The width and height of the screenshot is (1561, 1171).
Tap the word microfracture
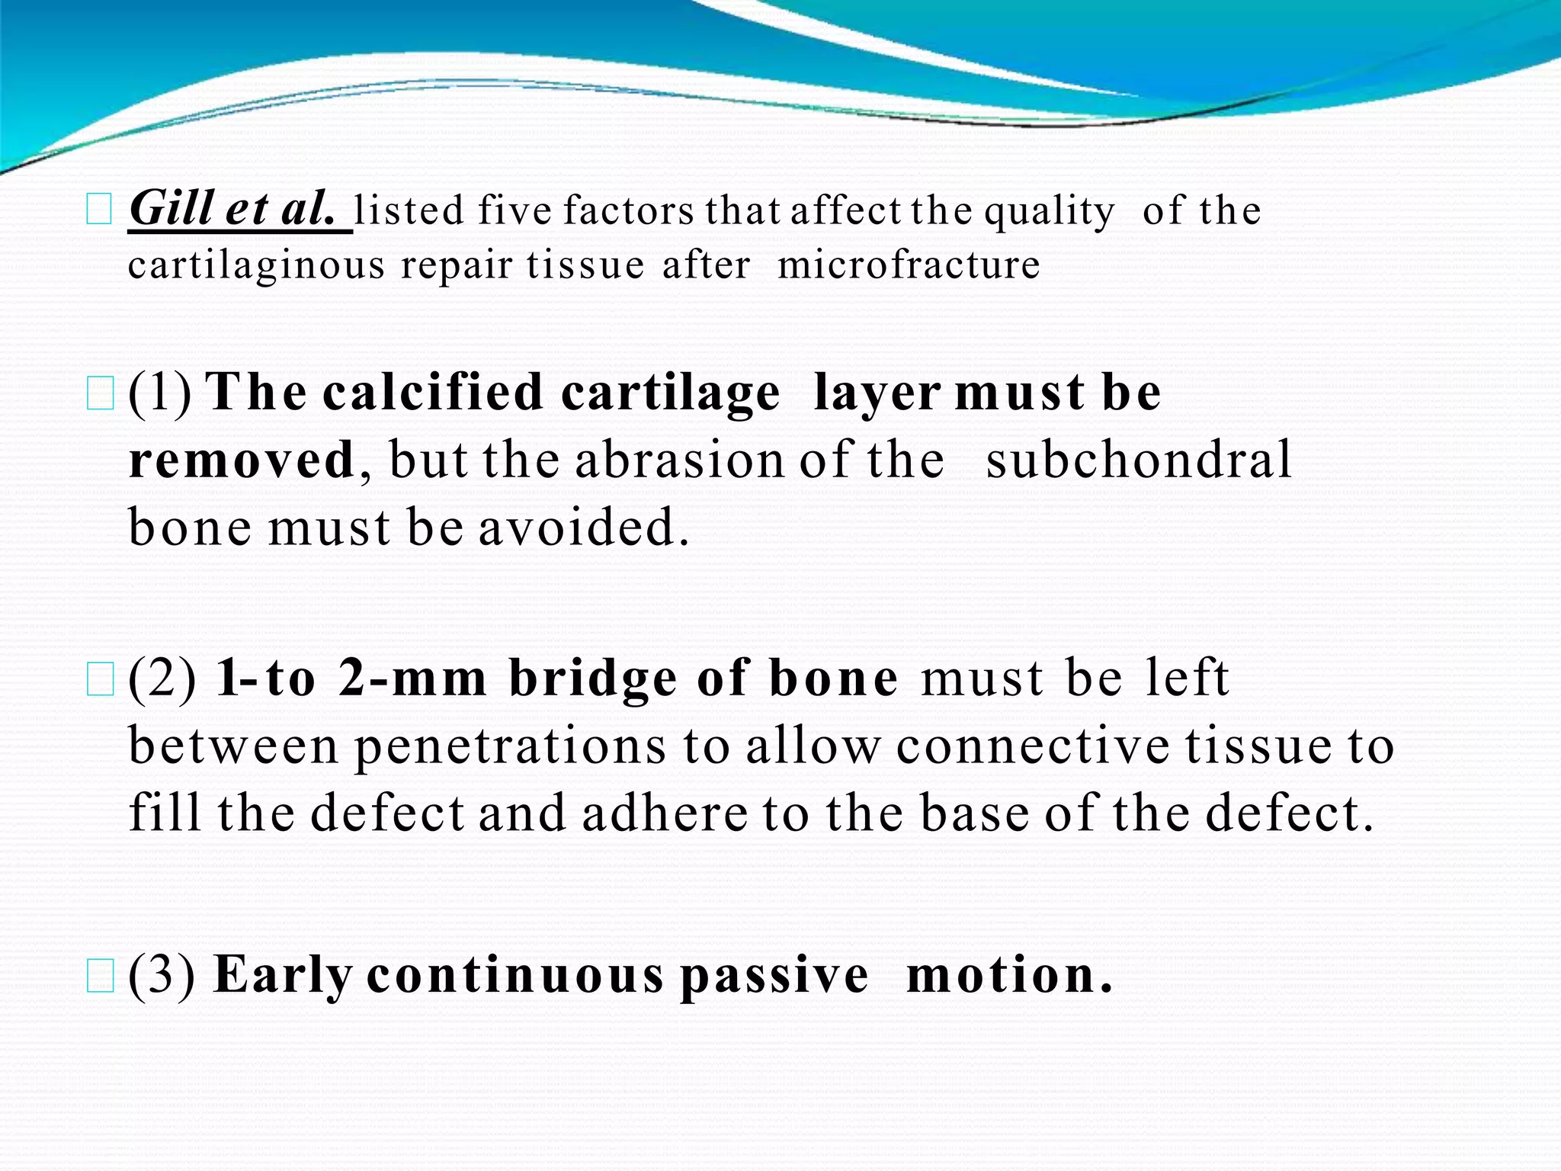click(909, 265)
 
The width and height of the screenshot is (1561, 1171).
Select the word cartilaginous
click(257, 267)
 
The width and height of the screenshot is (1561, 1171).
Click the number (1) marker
click(159, 393)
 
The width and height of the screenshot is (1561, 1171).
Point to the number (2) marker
click(162, 678)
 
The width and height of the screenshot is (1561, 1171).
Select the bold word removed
click(242, 460)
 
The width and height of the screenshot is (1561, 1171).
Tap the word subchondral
click(1139, 460)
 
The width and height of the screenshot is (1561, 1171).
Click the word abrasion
click(678, 460)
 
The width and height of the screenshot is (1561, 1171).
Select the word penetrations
click(510, 746)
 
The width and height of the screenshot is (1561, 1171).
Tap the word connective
click(1032, 746)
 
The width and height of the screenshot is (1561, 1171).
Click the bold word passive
click(774, 976)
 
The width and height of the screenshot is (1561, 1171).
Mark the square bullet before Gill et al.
click(100, 209)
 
